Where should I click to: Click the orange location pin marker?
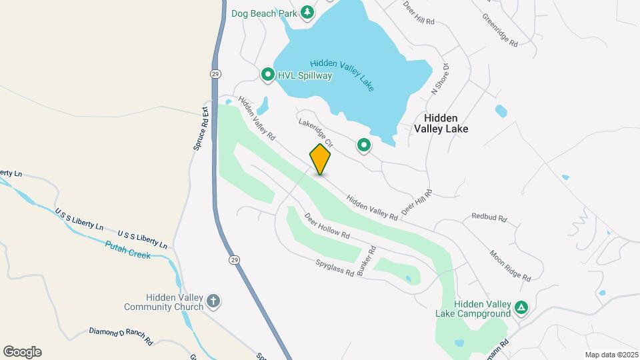(x=320, y=159)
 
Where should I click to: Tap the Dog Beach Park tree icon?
(x=307, y=12)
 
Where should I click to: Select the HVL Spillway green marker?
(x=268, y=75)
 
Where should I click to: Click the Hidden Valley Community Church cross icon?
(x=213, y=301)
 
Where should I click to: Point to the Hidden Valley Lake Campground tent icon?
(x=522, y=307)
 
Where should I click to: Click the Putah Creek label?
(x=128, y=250)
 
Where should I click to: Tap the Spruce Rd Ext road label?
(x=201, y=128)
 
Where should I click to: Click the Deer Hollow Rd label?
(x=327, y=226)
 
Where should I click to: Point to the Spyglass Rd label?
(x=335, y=269)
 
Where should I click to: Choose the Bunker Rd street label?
(x=368, y=261)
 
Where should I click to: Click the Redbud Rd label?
(x=489, y=217)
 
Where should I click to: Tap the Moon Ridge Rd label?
(x=510, y=265)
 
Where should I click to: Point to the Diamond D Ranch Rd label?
(x=121, y=335)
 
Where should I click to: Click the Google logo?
(x=22, y=352)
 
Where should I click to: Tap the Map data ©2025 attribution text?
(x=611, y=355)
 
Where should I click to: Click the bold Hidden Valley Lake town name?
(x=441, y=123)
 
